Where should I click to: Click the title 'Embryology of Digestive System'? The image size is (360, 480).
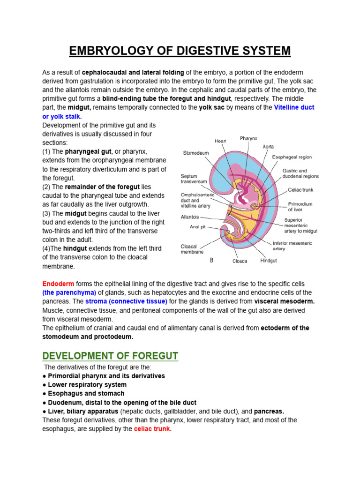(x=180, y=51)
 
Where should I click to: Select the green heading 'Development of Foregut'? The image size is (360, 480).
(x=110, y=356)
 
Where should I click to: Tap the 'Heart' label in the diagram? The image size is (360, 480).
(x=220, y=141)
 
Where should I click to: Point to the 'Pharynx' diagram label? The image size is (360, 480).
(x=248, y=138)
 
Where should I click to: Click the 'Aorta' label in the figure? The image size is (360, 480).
(x=268, y=146)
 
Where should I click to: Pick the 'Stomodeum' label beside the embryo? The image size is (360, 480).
(x=196, y=153)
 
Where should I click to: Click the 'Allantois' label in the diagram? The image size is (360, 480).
(x=190, y=217)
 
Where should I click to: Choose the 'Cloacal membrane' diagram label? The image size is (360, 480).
(x=192, y=249)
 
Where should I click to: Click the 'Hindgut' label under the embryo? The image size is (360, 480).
(x=269, y=261)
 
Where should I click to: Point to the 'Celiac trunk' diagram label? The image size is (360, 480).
(x=300, y=190)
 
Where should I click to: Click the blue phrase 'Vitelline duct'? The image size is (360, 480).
(x=294, y=107)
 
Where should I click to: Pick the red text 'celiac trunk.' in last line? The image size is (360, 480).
(x=153, y=429)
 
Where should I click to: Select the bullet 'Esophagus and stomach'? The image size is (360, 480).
(x=86, y=393)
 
